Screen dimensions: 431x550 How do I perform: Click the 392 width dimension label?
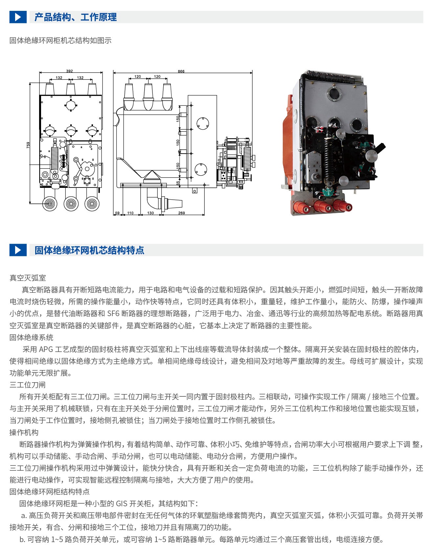(69, 71)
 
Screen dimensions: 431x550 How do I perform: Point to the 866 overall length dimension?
(181, 71)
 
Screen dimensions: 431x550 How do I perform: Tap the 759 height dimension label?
(28, 145)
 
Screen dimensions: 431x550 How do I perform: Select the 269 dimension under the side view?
(182, 213)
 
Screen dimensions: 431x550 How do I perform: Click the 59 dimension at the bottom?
(117, 213)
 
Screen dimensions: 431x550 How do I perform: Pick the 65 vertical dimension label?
(178, 183)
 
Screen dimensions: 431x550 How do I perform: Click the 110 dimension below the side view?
(130, 213)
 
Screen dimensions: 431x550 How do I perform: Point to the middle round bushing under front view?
(71, 204)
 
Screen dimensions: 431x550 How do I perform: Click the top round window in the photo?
(334, 93)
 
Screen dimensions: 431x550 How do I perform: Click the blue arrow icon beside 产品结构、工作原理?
(18, 17)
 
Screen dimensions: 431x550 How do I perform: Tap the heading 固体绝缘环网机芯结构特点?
(89, 250)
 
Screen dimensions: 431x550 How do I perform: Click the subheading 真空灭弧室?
(28, 278)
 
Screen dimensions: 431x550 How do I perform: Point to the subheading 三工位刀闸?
(28, 385)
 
